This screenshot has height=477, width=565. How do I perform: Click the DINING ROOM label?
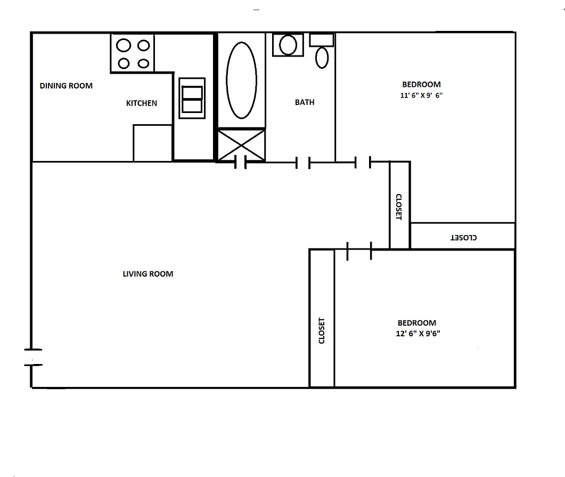(66, 86)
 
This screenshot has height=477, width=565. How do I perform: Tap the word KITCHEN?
(142, 103)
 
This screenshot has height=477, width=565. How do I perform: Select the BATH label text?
(305, 102)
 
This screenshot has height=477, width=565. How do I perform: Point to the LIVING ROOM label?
(148, 274)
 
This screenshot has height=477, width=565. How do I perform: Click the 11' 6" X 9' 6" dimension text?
(421, 96)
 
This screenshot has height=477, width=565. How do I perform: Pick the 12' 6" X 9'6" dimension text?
(417, 334)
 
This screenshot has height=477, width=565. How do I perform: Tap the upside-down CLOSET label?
(464, 237)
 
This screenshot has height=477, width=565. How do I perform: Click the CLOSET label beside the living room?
(322, 331)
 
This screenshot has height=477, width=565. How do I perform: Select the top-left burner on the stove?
(124, 45)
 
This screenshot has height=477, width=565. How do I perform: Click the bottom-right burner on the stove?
(143, 63)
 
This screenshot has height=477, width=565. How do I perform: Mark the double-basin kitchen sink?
(192, 99)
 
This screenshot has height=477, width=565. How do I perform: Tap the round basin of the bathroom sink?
(288, 45)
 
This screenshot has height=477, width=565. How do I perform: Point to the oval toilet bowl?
(322, 58)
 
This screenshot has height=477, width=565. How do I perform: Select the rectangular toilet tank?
(322, 40)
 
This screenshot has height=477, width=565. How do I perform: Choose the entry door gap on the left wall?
(32, 357)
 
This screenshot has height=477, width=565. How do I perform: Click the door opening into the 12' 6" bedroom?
(359, 249)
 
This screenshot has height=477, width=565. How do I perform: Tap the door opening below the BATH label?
(303, 163)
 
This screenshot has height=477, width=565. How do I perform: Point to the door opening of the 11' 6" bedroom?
(363, 162)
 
